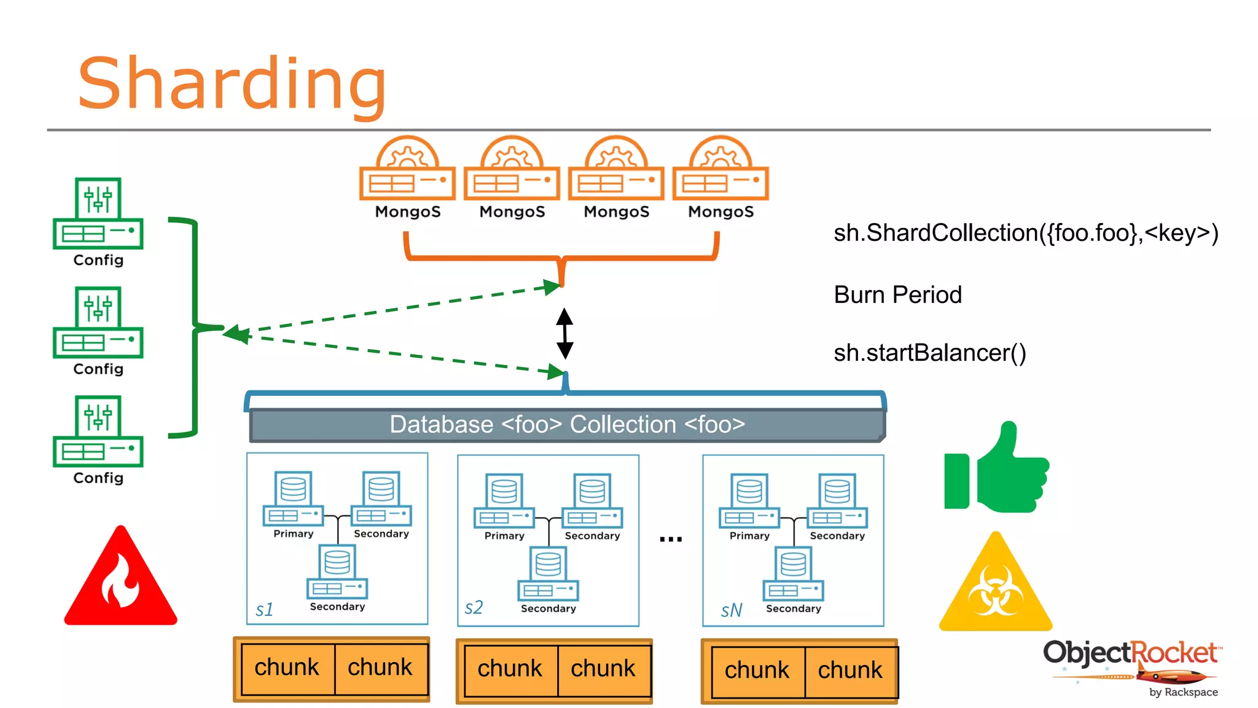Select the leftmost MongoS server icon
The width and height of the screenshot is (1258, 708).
tap(407, 169)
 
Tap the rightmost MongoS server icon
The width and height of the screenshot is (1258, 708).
tap(721, 169)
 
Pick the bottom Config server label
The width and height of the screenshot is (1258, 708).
tap(98, 478)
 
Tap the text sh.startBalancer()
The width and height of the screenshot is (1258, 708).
tap(929, 353)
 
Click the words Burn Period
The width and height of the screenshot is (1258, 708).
tap(897, 295)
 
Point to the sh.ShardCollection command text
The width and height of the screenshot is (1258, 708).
tap(1025, 233)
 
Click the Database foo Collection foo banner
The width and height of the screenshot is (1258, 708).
tap(567, 425)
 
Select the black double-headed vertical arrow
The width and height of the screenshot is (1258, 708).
tap(565, 334)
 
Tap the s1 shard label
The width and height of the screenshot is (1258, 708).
tap(264, 610)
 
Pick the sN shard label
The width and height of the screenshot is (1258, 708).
tap(731, 610)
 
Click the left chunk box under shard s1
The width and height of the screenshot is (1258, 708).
tap(287, 668)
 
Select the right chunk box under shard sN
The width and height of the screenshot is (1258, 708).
tap(850, 671)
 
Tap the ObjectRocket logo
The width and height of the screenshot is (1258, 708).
tap(1131, 667)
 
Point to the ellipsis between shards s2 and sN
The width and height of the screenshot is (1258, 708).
tap(671, 539)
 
